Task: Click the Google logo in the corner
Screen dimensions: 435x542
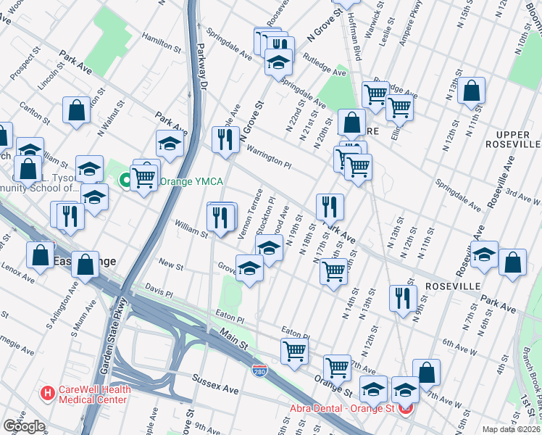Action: coord(24,426)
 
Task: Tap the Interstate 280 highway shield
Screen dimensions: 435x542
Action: coord(259,370)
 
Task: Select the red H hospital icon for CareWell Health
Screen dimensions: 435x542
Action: coord(48,394)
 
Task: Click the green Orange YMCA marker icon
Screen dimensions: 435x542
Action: coord(125,178)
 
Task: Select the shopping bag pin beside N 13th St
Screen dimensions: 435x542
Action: coord(471,91)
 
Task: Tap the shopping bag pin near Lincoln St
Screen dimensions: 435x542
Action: coord(76,110)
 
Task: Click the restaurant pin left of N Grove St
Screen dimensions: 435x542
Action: coord(225,138)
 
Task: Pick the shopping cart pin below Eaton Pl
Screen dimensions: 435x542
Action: coord(295,351)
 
